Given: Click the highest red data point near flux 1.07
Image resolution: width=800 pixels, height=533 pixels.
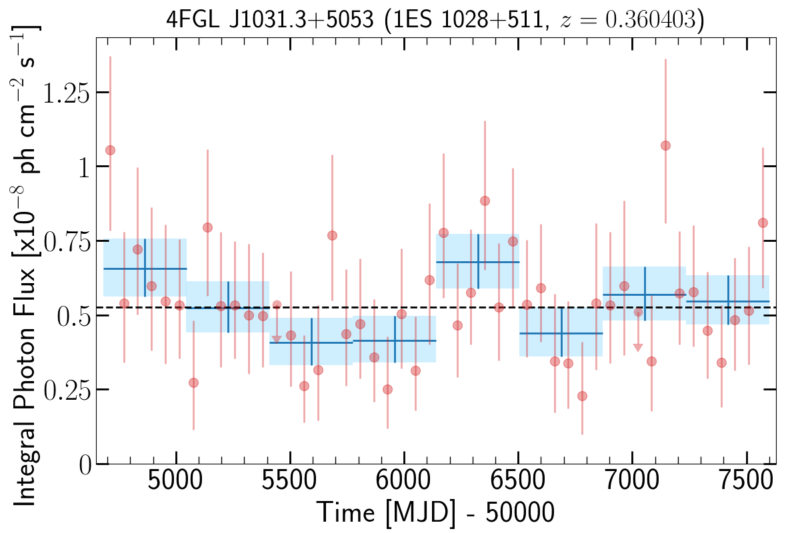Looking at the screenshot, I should pyautogui.click(x=665, y=145).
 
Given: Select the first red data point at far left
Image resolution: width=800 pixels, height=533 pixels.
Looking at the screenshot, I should pyautogui.click(x=110, y=150).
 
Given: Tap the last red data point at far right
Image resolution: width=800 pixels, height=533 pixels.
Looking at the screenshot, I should pyautogui.click(x=763, y=223).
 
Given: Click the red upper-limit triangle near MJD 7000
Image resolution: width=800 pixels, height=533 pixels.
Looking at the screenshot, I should pyautogui.click(x=638, y=348).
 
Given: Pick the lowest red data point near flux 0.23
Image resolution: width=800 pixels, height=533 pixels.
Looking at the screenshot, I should pyautogui.click(x=582, y=396).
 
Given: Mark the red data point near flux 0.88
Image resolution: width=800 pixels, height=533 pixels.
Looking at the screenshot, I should pyautogui.click(x=485, y=201).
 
